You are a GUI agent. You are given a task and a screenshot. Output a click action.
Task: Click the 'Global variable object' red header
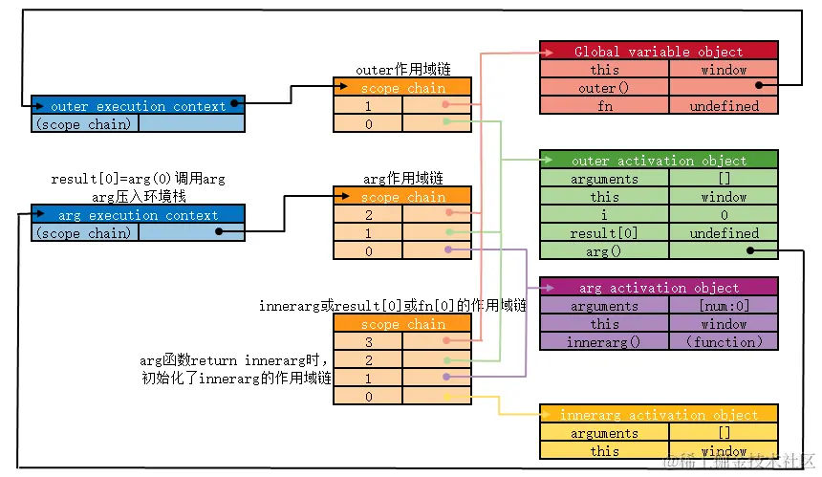[x=659, y=51]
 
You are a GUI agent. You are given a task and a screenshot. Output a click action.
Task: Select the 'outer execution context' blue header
[x=138, y=106]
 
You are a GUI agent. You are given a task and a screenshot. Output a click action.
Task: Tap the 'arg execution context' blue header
[x=138, y=215]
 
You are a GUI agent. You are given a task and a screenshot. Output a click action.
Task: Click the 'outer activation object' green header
[x=659, y=161]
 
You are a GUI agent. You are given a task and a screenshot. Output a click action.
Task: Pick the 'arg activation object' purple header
[x=659, y=288]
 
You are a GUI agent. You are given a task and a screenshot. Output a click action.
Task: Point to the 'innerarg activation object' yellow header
[x=659, y=415]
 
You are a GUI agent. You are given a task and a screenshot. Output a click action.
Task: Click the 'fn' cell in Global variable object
[x=604, y=106]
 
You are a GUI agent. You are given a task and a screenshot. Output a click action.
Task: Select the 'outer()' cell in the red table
[x=604, y=88]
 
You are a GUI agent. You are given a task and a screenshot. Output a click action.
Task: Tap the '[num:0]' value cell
[x=724, y=306]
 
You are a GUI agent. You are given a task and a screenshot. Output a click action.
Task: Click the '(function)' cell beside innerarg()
[x=724, y=342]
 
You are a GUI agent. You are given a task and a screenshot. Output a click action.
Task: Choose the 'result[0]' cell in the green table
[x=604, y=233]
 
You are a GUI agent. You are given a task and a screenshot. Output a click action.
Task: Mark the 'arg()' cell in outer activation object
[x=604, y=251]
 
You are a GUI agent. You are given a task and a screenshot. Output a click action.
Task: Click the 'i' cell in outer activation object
[x=604, y=215]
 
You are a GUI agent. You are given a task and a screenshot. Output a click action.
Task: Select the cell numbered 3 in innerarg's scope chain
[x=368, y=342]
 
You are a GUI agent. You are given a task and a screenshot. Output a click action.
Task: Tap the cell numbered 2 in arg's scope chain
[x=368, y=215]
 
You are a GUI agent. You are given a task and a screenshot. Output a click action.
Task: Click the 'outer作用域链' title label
[x=402, y=70]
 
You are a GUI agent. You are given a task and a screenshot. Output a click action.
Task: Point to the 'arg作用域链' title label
[x=402, y=179]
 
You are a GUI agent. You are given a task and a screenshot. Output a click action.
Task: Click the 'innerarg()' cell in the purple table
[x=604, y=342]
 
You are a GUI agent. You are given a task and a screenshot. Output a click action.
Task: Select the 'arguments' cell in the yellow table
[x=604, y=433]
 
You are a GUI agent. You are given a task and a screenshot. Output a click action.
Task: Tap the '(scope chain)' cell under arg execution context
[x=84, y=233]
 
